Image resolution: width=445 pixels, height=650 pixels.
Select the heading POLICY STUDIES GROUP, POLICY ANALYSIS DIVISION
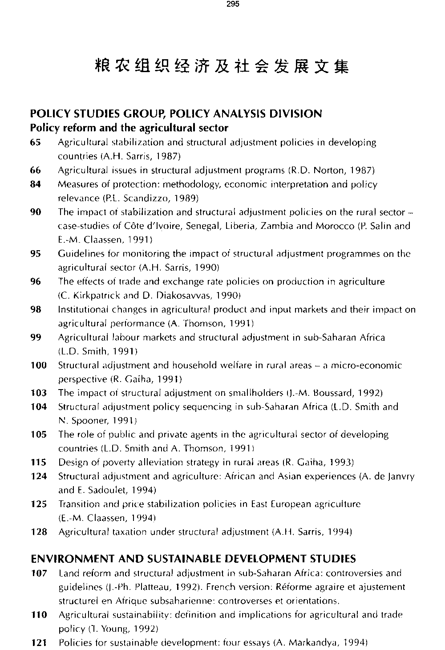pyautogui.click(x=176, y=114)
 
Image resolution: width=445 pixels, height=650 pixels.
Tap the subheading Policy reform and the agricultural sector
pyautogui.click(x=129, y=128)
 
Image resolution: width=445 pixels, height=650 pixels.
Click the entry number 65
pyautogui.click(x=36, y=142)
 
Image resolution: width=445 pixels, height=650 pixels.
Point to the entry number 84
pyautogui.click(x=36, y=184)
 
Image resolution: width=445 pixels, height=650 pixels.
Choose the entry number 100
pyautogui.click(x=39, y=366)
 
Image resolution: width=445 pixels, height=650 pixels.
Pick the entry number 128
pyautogui.click(x=39, y=532)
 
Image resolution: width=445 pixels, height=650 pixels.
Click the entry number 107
pyautogui.click(x=39, y=573)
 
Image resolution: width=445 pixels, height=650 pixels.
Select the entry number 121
pyautogui.click(x=39, y=643)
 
